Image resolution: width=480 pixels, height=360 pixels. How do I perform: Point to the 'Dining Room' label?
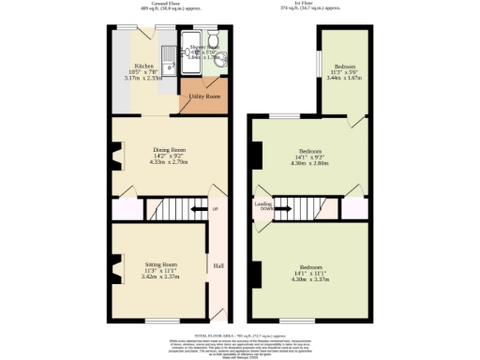(170, 149)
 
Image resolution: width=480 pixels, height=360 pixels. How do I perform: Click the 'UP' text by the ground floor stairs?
(215, 208)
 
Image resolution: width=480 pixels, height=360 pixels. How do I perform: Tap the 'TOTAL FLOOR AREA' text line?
(240, 334)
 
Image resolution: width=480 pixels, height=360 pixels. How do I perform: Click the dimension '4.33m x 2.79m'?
(170, 162)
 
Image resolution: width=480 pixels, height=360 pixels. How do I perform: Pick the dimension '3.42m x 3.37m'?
(161, 277)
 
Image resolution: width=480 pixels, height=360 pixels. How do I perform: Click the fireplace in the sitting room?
(116, 270)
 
